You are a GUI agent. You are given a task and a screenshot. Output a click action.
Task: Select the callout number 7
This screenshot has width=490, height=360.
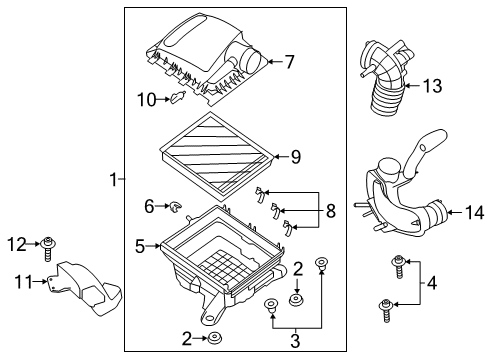click(289, 62)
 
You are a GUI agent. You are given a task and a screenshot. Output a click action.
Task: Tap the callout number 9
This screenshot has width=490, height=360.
click(295, 155)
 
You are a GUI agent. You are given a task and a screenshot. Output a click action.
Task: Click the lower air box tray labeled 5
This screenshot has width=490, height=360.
click(215, 255)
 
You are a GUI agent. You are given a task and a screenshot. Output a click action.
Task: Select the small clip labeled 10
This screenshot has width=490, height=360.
click(178, 98)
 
